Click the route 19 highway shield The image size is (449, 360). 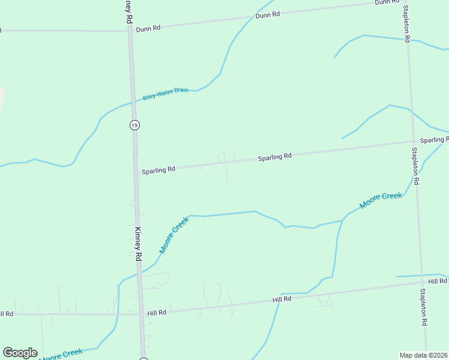click(134, 125)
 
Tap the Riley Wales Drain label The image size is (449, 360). click(166, 94)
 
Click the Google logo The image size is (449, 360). click(20, 352)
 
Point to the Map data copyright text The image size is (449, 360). click(424, 355)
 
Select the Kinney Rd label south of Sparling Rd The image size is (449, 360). click(137, 239)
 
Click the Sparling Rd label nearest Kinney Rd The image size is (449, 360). click(158, 170)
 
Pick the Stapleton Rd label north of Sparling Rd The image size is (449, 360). click(406, 22)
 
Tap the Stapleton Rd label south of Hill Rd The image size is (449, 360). click(423, 307)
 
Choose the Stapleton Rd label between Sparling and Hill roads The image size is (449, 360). click(415, 166)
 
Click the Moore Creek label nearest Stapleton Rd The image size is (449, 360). click(381, 200)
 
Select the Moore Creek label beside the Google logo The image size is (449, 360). click(61, 354)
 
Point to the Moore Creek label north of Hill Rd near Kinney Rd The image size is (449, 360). click(174, 235)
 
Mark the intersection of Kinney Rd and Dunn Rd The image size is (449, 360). click(130, 30)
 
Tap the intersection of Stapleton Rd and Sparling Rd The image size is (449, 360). click(412, 142)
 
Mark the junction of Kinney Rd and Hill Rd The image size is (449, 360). click(142, 313)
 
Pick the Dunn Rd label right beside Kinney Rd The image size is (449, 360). click(148, 28)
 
